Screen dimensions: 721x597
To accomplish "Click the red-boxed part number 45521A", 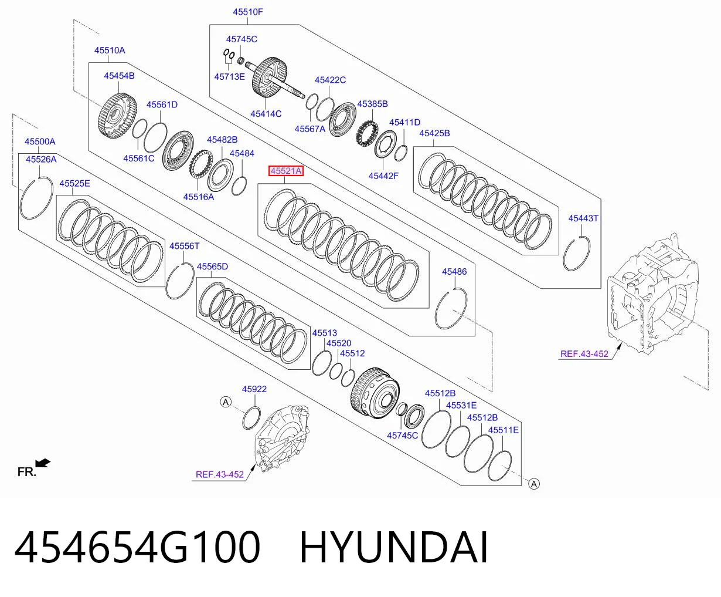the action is (x=286, y=171).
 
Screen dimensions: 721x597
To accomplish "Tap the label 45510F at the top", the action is (x=247, y=12).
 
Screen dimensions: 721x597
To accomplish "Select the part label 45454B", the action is (x=119, y=76).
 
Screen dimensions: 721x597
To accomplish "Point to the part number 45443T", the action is (x=583, y=218).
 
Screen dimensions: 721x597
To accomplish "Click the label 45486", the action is (x=454, y=272).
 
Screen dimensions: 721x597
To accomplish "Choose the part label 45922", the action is (x=254, y=389).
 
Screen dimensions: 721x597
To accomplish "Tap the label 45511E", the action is (x=503, y=430).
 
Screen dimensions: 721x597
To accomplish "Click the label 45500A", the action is (x=40, y=141).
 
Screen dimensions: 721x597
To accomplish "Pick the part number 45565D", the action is (x=212, y=267).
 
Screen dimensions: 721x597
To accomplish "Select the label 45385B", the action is (x=372, y=104).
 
